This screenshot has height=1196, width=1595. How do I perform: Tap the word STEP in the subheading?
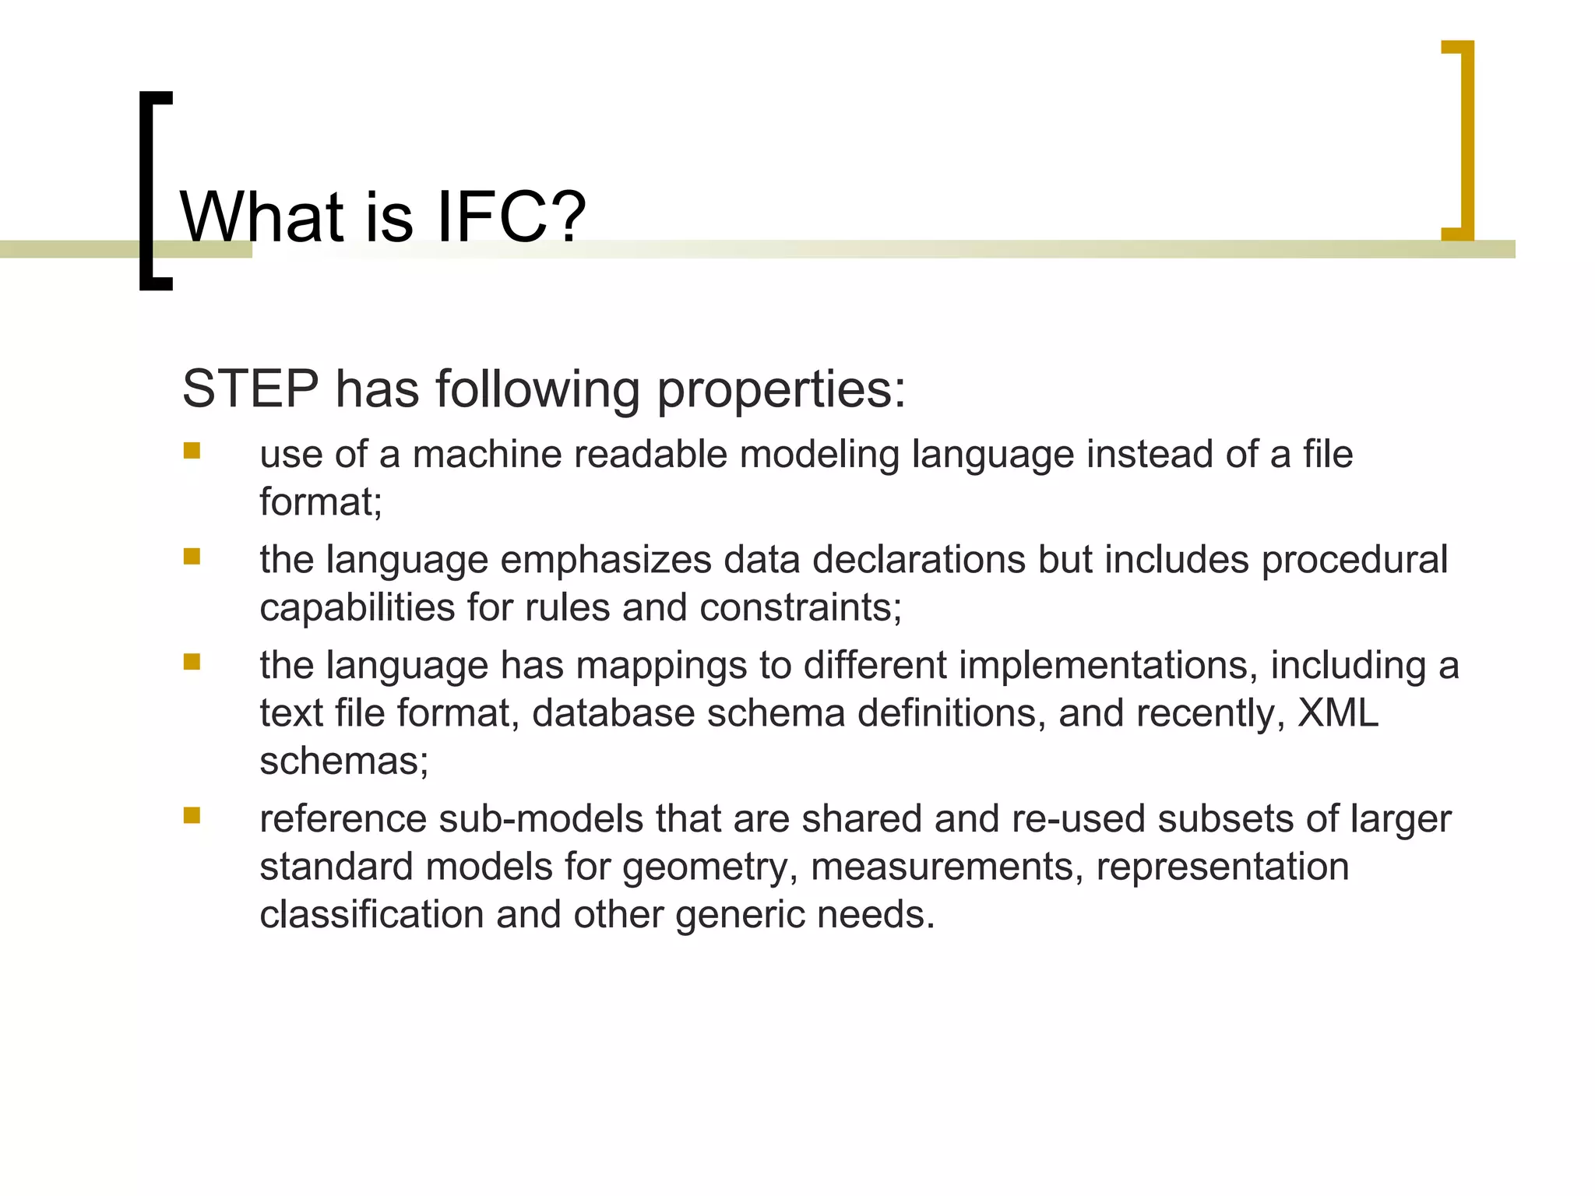(x=250, y=389)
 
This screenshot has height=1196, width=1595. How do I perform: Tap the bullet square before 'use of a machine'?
(x=192, y=451)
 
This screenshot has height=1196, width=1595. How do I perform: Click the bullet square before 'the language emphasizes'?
(x=192, y=556)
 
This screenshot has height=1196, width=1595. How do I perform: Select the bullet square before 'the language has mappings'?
(x=192, y=662)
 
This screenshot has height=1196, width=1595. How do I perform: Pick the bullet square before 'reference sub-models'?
(x=192, y=815)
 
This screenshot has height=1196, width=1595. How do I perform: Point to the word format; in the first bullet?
(x=321, y=501)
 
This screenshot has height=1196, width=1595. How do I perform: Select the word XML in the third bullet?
(x=1337, y=712)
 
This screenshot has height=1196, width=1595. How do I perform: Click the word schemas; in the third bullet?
(x=343, y=761)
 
